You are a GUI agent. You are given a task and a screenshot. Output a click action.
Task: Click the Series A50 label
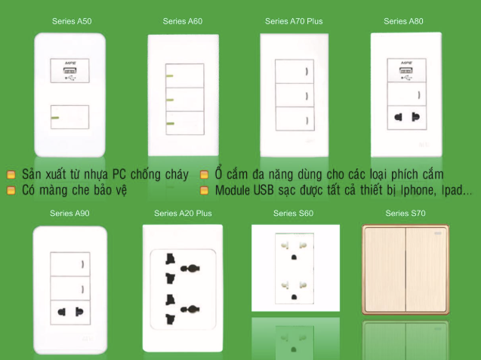(x=72, y=21)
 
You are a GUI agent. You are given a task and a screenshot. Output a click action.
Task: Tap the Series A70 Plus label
(x=294, y=21)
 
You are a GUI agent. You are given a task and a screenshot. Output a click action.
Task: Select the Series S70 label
(x=405, y=213)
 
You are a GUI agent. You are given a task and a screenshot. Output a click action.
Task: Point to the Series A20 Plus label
(x=183, y=213)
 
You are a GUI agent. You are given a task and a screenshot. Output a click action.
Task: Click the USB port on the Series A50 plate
(x=70, y=70)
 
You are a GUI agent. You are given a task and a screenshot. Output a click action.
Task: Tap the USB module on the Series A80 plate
(x=407, y=70)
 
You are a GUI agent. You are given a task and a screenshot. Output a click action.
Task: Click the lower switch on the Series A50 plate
(x=70, y=117)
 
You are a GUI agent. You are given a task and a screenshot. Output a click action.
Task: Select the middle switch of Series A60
(x=185, y=100)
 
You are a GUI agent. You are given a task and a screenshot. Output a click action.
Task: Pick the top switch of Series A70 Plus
(x=294, y=72)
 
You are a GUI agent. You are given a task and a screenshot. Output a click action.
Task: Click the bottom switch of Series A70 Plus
(x=295, y=118)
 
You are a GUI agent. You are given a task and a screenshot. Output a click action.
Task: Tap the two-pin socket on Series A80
(x=407, y=118)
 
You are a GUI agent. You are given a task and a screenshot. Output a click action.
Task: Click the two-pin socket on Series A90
(x=70, y=312)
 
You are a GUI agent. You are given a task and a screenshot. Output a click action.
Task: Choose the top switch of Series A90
(x=70, y=264)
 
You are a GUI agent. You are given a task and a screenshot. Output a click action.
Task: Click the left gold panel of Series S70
(x=384, y=269)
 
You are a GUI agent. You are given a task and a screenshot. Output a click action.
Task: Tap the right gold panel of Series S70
(x=427, y=269)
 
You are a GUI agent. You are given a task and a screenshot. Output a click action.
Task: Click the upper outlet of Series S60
(x=294, y=249)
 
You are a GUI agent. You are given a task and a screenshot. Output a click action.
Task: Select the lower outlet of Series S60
(x=294, y=289)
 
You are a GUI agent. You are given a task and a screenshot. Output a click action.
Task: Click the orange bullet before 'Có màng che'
(x=11, y=190)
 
